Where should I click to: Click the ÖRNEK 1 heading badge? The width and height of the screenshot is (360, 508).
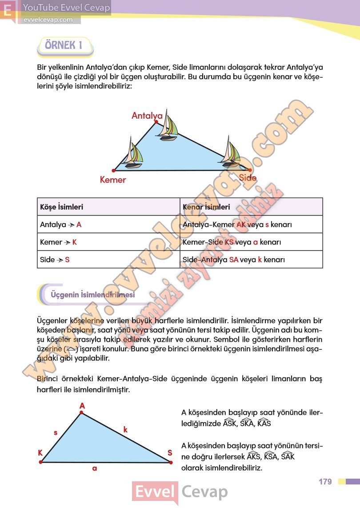(x=65, y=46)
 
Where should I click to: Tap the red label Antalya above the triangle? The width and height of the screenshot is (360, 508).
(x=147, y=116)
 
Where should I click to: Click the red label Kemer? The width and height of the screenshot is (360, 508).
(x=113, y=180)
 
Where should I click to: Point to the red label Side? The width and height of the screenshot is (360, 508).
(x=248, y=178)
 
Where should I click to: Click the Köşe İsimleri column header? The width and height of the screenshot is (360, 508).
(x=62, y=207)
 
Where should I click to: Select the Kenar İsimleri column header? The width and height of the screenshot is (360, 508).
(x=206, y=207)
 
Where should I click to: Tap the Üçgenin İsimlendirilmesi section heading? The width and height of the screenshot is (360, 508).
(x=92, y=295)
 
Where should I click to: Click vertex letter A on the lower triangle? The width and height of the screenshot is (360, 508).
(x=82, y=405)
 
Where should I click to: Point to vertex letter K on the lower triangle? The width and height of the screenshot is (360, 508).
(x=40, y=453)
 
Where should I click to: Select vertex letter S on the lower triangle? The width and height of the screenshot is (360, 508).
(x=170, y=453)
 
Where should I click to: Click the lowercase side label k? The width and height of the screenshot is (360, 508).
(x=125, y=429)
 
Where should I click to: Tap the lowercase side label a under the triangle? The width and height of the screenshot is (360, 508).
(x=95, y=468)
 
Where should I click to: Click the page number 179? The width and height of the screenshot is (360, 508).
(x=325, y=482)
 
